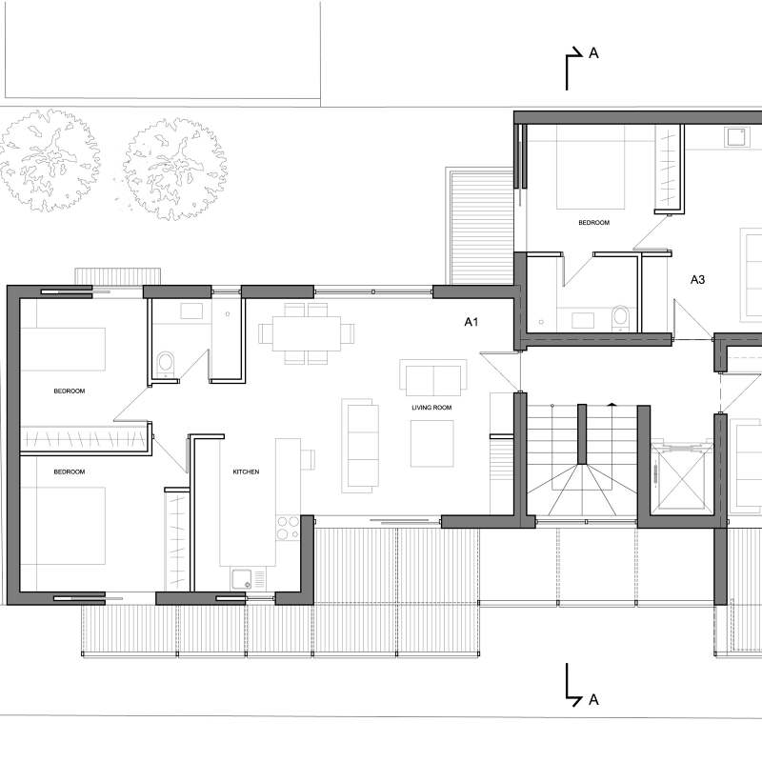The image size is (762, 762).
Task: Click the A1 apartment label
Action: [x=471, y=323]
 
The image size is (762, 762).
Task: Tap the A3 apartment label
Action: [x=698, y=279]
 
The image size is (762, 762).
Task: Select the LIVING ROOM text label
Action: [x=431, y=408]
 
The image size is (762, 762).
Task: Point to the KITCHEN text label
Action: [x=246, y=471]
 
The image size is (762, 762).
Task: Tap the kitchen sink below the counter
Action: [x=246, y=577]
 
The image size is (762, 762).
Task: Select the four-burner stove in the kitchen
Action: [x=287, y=527]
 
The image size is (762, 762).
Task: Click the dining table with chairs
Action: [x=307, y=333]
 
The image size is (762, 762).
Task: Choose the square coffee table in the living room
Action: [x=431, y=443]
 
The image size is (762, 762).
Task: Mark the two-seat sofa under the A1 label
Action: [x=433, y=378]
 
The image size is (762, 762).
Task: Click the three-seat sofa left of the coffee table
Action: [x=360, y=445]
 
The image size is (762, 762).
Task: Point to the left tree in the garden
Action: [x=50, y=160]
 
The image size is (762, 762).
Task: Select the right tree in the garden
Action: [x=175, y=169]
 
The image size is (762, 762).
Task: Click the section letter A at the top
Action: [x=593, y=54]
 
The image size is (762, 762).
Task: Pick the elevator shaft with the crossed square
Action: [x=680, y=476]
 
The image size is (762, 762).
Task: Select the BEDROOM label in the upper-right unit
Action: [x=593, y=222]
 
